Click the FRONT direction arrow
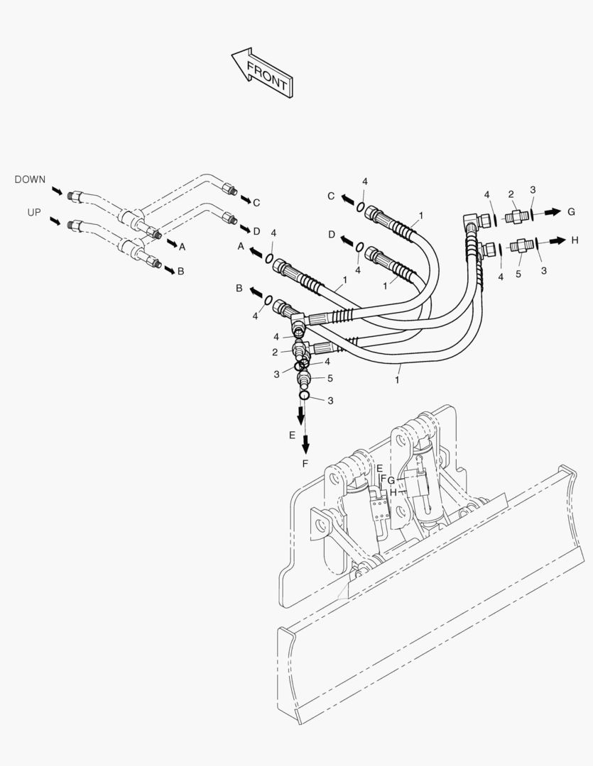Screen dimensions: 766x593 click(x=263, y=72)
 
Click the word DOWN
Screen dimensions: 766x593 click(x=30, y=180)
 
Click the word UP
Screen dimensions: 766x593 click(x=34, y=213)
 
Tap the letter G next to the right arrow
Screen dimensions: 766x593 click(x=571, y=211)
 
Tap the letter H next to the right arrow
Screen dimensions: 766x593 click(x=575, y=240)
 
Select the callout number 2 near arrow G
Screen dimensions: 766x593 click(x=510, y=194)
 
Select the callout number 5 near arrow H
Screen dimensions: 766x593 click(x=518, y=273)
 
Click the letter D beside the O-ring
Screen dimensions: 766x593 click(x=332, y=234)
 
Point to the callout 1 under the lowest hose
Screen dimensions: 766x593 click(x=397, y=380)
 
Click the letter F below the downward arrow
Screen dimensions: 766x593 click(x=306, y=464)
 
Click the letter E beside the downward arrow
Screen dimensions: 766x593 click(x=292, y=435)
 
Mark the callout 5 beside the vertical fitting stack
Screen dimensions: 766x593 click(x=330, y=378)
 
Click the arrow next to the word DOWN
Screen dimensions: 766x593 click(x=57, y=190)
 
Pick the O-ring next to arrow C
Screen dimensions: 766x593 click(x=361, y=207)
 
